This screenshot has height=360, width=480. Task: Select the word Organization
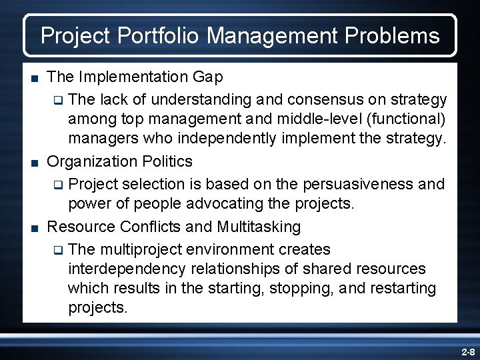click(x=93, y=161)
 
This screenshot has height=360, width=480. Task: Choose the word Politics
click(x=167, y=161)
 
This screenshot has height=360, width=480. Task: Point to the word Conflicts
click(x=150, y=227)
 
